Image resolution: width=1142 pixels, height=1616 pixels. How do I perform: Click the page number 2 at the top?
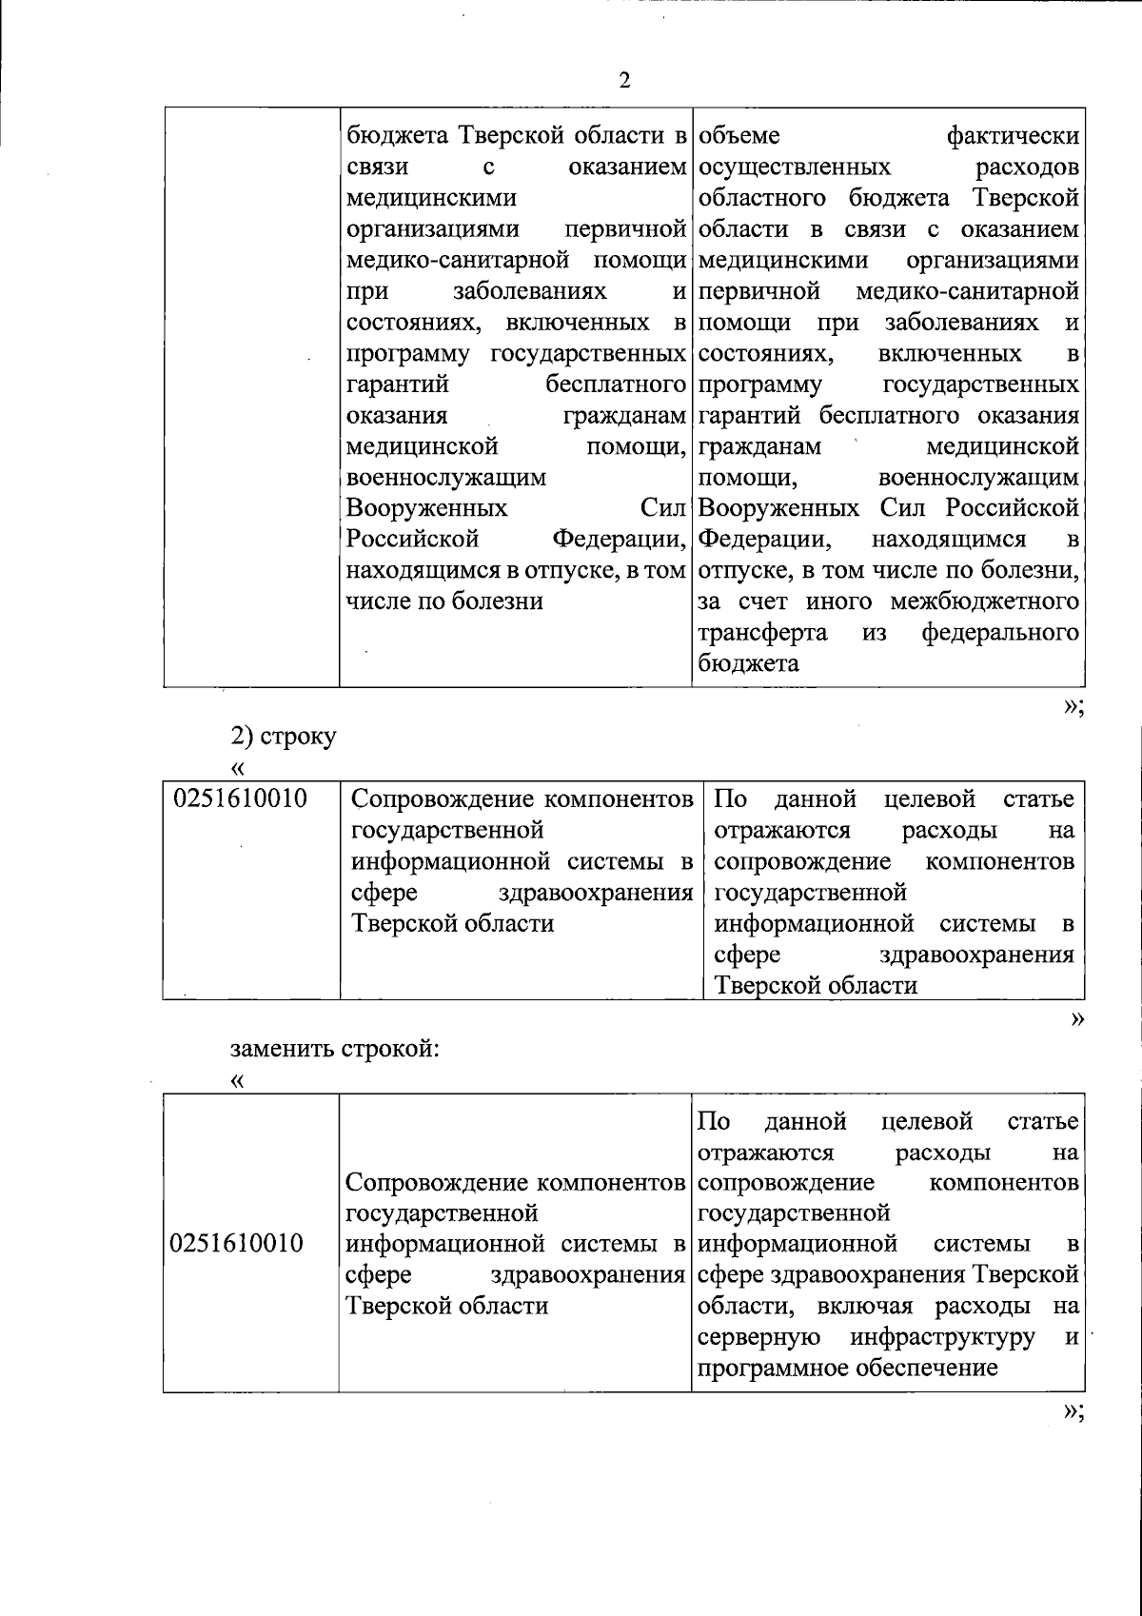point(625,81)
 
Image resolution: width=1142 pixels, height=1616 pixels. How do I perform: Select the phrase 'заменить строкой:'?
point(335,1049)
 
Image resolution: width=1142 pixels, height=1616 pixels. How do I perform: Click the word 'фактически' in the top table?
point(1013,136)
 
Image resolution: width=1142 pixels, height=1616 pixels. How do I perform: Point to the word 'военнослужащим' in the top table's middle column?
point(444,478)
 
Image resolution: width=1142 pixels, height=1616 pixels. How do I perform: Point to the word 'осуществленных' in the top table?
point(794,168)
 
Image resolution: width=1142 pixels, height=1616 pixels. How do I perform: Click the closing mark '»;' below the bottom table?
point(1073,1412)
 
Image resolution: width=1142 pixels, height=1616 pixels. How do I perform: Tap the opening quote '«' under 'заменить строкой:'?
point(237,1081)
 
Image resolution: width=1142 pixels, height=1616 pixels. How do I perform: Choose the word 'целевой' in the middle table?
point(929,798)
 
